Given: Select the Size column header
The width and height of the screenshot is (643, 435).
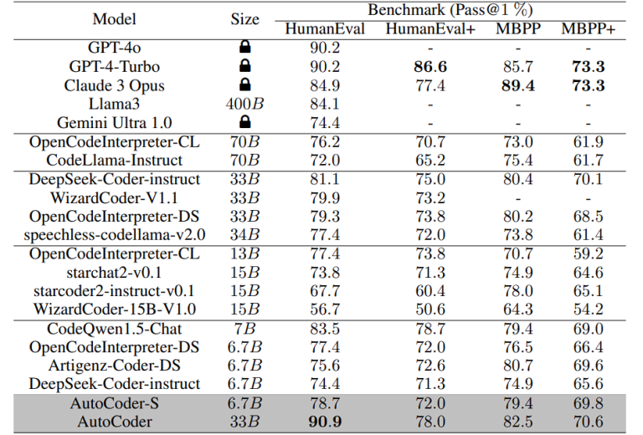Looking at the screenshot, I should point(244,19).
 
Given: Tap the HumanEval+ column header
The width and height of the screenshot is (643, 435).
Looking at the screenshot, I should point(430,29).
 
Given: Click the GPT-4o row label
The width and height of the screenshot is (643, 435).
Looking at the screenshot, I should point(115,48).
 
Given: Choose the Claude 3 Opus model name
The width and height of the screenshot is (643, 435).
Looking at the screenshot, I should point(115,85).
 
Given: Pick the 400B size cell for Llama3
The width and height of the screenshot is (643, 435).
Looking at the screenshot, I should point(244,104).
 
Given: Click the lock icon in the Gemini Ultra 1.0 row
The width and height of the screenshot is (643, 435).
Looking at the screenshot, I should point(244,122).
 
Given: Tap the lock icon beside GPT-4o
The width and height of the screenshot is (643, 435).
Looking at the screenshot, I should point(244,48).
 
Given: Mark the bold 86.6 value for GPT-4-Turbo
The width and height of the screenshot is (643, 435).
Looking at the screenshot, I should point(430,66).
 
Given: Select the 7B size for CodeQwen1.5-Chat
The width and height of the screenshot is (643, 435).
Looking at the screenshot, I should point(244,329).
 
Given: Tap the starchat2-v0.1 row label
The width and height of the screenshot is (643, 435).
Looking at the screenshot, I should point(115,272).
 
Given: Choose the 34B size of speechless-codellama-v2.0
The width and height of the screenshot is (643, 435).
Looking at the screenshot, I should point(244,234).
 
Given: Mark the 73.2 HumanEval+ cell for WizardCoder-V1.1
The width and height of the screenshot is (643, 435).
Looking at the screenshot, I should point(430,197).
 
